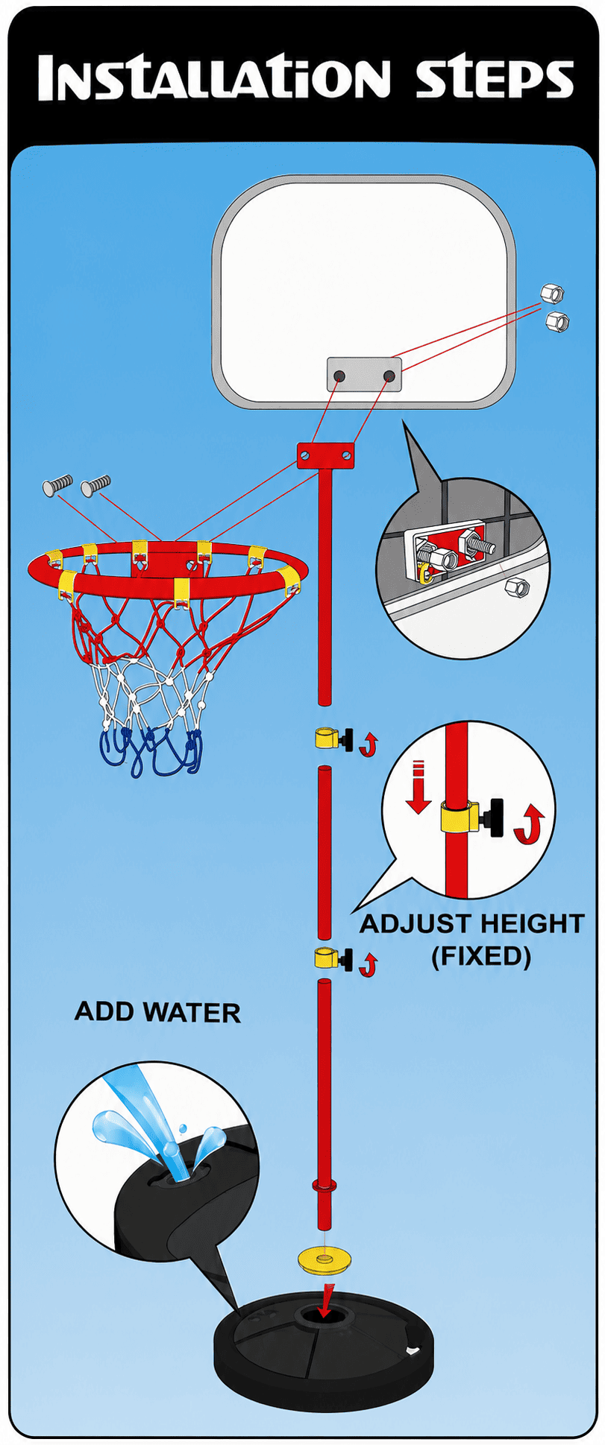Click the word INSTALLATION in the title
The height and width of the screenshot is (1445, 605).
213,78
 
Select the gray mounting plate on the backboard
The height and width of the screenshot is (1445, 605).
364,375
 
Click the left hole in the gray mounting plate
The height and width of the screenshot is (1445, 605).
339,376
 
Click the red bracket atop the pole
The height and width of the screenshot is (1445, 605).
325,455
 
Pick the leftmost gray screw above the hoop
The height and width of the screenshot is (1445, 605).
57,485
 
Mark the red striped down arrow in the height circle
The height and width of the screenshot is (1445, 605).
418,786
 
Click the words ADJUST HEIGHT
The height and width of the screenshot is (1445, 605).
472,924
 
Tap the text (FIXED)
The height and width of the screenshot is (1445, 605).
481,955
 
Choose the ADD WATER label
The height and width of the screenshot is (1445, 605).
157,1012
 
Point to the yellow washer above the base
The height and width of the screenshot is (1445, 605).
325,1260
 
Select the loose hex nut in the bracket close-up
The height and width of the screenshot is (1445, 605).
515,587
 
